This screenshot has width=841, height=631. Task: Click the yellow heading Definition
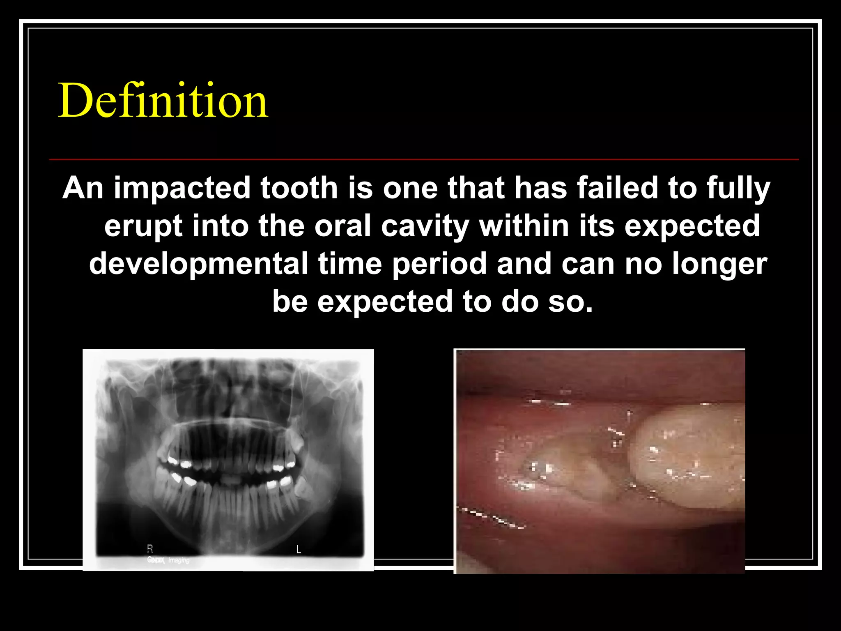tap(163, 101)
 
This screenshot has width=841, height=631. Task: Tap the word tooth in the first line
tap(299, 188)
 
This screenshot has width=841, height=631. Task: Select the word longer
tap(719, 264)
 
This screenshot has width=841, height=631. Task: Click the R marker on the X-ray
tap(150, 549)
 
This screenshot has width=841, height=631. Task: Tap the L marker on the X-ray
tap(299, 549)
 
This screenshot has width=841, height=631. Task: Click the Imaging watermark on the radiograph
tap(179, 560)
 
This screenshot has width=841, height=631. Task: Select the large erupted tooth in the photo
tap(686, 456)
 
